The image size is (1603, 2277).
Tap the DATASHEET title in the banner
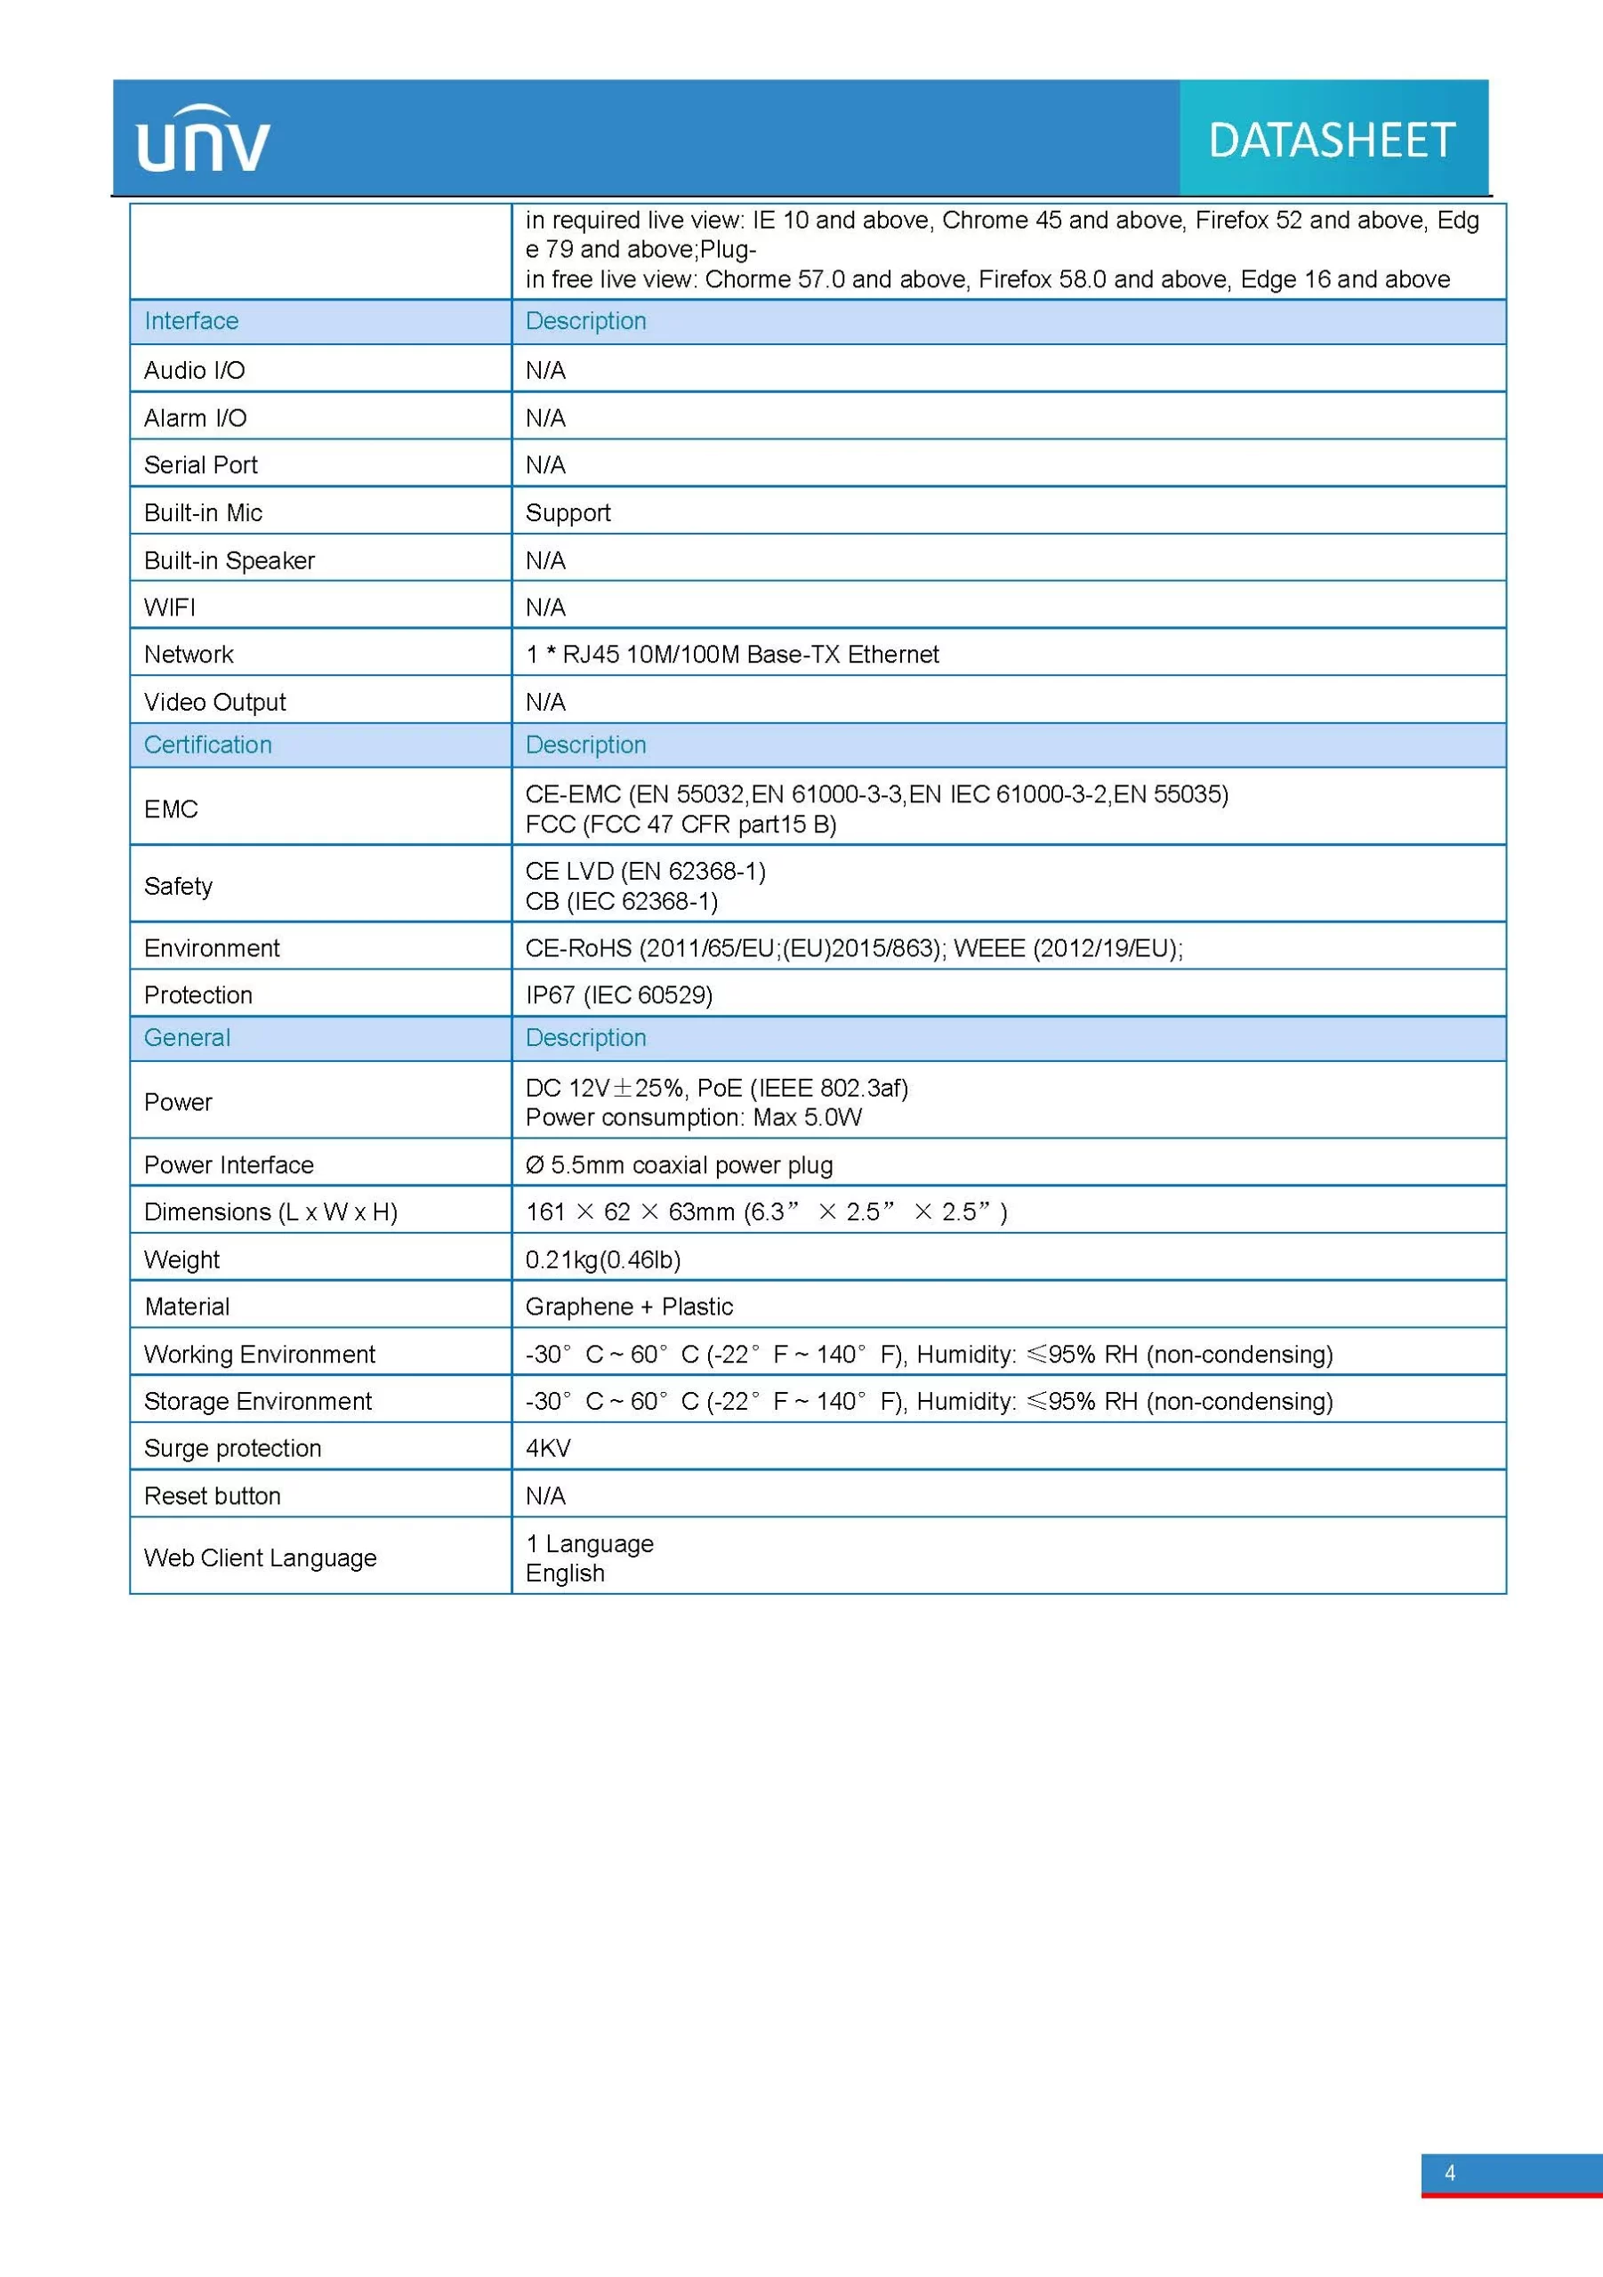click(1331, 141)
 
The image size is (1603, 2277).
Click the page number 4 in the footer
click(1449, 2173)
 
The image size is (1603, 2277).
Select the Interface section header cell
click(191, 321)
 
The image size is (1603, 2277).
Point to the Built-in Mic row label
click(204, 512)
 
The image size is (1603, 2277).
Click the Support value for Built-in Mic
click(568, 512)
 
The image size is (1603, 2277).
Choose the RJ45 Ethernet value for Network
click(732, 655)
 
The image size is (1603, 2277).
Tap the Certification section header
click(207, 744)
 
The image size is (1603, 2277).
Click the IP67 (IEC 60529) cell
click(619, 994)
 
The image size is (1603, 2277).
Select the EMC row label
click(171, 809)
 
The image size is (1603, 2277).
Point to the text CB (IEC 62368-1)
click(621, 902)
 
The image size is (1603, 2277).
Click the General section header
click(187, 1037)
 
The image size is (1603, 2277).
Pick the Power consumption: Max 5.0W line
click(693, 1118)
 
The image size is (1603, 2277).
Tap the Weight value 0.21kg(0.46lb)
click(602, 1259)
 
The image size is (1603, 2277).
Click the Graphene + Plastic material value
click(629, 1307)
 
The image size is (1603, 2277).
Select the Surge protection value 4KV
click(548, 1448)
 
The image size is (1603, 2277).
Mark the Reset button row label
click(213, 1495)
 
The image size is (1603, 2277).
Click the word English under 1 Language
click(564, 1573)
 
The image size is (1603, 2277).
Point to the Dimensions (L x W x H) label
click(270, 1212)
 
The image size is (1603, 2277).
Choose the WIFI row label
click(170, 607)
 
